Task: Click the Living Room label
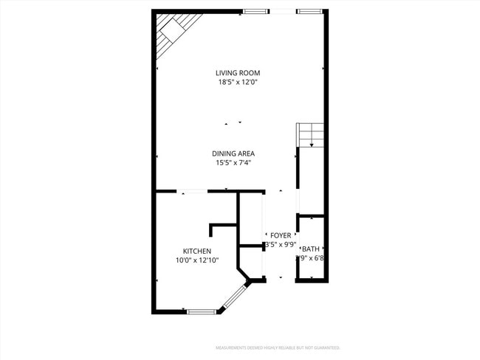pos(238,73)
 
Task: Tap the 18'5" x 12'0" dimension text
pos(238,83)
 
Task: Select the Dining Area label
pos(233,153)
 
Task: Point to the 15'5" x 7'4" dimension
pos(234,163)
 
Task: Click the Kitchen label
pos(197,251)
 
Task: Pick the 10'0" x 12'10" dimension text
pos(196,260)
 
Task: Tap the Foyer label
pos(281,235)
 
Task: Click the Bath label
pos(310,249)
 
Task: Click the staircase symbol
pos(310,135)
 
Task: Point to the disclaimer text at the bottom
pos(278,347)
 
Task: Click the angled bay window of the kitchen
pos(235,297)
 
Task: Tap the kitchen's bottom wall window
pos(201,312)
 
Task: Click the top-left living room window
pos(256,12)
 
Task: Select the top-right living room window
pos(309,12)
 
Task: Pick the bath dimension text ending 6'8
pos(312,258)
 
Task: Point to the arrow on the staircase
pos(312,143)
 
